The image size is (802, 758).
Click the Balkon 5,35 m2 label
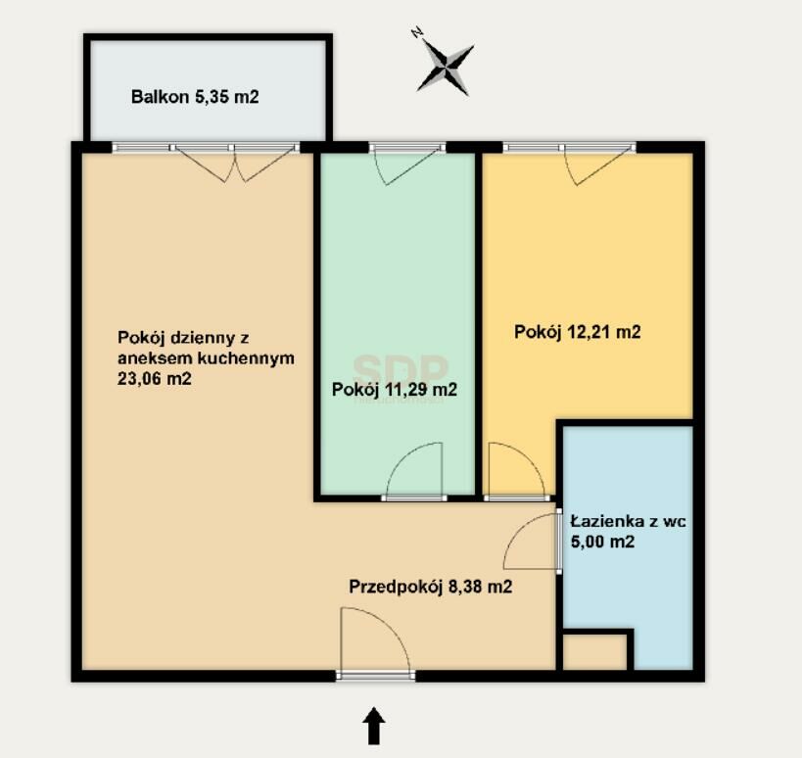pos(195,97)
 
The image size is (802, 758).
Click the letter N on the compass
pos(417,33)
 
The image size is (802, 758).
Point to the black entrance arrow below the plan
pos(374,726)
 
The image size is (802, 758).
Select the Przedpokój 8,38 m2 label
pos(431,587)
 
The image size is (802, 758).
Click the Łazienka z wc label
pos(628,522)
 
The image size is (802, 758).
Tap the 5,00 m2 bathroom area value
pos(602,542)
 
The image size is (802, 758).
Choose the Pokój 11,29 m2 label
pos(395,390)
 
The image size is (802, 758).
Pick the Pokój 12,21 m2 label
pos(578,332)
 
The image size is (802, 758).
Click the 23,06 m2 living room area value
pos(155,379)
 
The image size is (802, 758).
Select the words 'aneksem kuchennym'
pos(206,358)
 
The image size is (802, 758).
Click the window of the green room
pos(407,148)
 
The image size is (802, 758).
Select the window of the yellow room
pos(569,148)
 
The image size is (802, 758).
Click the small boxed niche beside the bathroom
pos(594,652)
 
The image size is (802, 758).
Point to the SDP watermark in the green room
pos(401,368)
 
